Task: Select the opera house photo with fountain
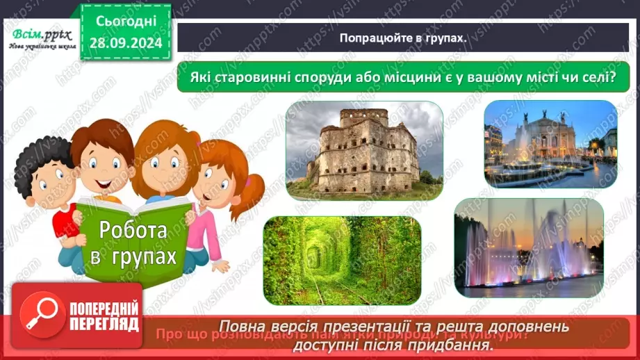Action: (550, 143)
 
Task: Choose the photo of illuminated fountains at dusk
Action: (528, 248)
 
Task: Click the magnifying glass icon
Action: (42, 314)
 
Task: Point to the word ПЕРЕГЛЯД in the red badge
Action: (104, 323)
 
